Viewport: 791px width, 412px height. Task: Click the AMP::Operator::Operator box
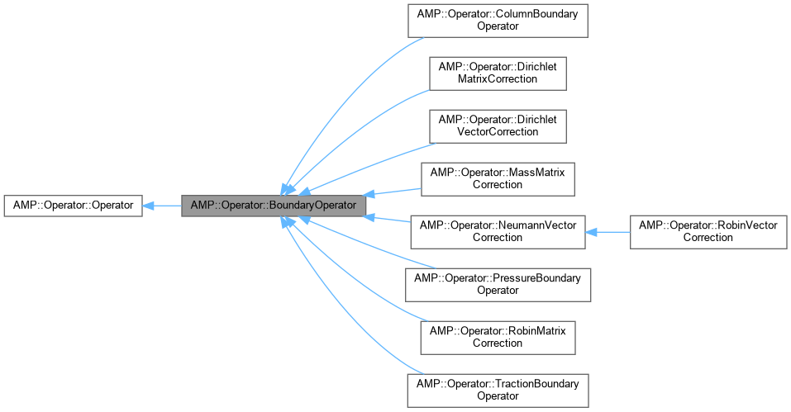(x=73, y=205)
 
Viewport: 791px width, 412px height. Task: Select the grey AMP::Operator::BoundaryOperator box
(x=273, y=205)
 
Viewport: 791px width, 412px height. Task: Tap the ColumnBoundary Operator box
(x=497, y=20)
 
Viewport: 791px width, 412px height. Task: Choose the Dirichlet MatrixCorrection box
(x=497, y=73)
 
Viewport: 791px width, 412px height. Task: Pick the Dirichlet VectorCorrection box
(x=497, y=125)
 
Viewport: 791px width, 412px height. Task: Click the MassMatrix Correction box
(x=497, y=178)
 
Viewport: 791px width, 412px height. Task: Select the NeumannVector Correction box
(x=497, y=231)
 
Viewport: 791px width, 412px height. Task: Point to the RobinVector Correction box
(x=708, y=231)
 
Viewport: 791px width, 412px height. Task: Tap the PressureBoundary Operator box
(x=497, y=284)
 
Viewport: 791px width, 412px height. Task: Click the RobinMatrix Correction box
(x=497, y=337)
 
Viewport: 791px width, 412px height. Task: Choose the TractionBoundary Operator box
(x=497, y=390)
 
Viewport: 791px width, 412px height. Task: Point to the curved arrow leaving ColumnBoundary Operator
(x=331, y=83)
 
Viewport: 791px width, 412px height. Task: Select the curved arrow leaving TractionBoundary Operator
(x=331, y=330)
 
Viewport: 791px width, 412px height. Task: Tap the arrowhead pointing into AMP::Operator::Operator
(x=148, y=205)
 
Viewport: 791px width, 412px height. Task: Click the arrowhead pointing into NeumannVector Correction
(x=593, y=231)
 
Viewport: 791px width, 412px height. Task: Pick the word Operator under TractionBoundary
(x=497, y=396)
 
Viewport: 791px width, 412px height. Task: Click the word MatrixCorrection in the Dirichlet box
(x=497, y=79)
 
